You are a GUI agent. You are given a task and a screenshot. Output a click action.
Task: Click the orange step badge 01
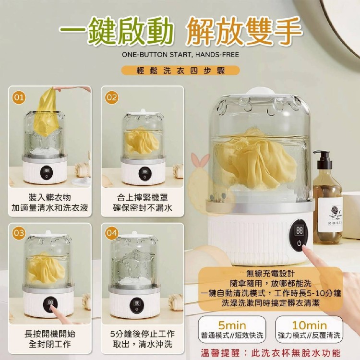(x=19, y=97)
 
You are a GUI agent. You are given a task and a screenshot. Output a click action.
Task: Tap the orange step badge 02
(x=111, y=97)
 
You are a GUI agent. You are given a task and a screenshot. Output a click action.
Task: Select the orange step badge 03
(x=19, y=233)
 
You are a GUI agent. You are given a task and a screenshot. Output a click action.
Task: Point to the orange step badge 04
(x=111, y=233)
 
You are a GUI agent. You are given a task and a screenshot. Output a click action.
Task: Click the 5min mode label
(x=232, y=325)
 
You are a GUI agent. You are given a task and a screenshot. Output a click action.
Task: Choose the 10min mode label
(x=309, y=325)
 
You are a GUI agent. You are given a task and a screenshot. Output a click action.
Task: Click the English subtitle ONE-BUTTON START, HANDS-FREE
(x=180, y=55)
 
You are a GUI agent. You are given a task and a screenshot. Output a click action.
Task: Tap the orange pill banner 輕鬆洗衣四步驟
(x=180, y=71)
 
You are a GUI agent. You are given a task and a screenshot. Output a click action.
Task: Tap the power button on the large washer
(x=299, y=243)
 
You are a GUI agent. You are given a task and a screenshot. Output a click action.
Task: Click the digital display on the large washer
(x=300, y=230)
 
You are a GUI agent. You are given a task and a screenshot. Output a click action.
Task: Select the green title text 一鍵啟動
(x=116, y=32)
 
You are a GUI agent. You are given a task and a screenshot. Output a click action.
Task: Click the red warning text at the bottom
(x=271, y=353)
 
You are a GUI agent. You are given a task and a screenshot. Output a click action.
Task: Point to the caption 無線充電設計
(x=270, y=274)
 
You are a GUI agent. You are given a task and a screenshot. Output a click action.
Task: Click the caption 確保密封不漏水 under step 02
(x=143, y=208)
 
